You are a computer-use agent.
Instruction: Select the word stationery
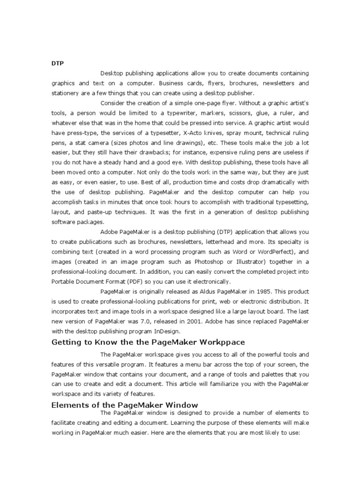click(65, 93)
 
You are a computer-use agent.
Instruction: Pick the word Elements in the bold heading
click(70, 405)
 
